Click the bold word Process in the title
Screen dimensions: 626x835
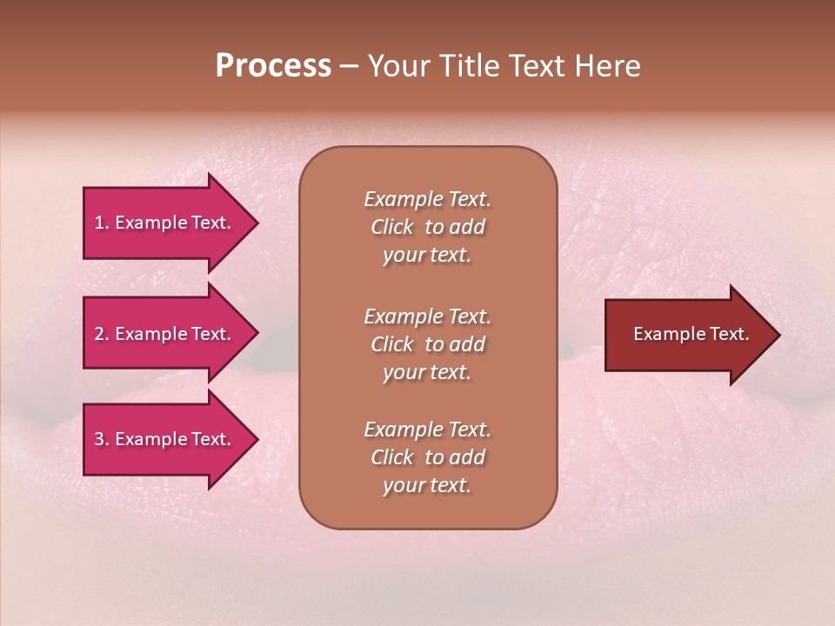coord(273,66)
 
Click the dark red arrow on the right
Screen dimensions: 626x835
coord(687,334)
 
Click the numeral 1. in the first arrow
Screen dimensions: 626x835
coord(101,223)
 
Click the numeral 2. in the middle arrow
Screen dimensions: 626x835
coord(101,334)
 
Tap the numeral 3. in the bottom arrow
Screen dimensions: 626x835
coord(101,439)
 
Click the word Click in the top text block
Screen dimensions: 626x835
coord(391,227)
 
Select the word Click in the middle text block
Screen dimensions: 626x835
coord(391,344)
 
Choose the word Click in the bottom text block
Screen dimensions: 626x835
coord(391,457)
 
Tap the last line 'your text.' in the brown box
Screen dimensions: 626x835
coord(427,485)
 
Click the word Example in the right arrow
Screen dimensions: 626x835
coord(662,334)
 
